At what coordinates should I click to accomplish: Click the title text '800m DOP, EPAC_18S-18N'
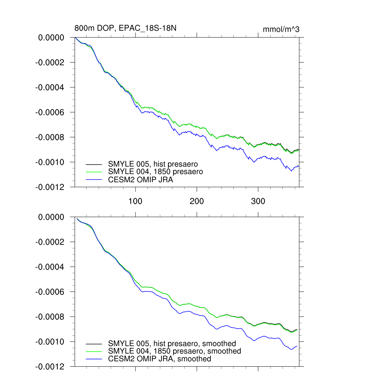(x=126, y=28)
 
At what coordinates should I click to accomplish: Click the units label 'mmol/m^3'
(x=281, y=30)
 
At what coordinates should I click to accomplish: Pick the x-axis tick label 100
(x=136, y=202)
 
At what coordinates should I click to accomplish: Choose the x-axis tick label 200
(x=197, y=202)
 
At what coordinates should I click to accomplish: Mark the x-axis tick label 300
(x=258, y=202)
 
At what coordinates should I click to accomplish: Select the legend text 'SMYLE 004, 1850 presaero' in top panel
(x=156, y=171)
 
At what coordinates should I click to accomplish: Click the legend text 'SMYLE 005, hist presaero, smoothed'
(x=172, y=343)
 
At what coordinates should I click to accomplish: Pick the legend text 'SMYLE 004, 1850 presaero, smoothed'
(x=175, y=351)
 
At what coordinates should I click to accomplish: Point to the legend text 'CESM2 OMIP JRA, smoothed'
(x=160, y=359)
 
